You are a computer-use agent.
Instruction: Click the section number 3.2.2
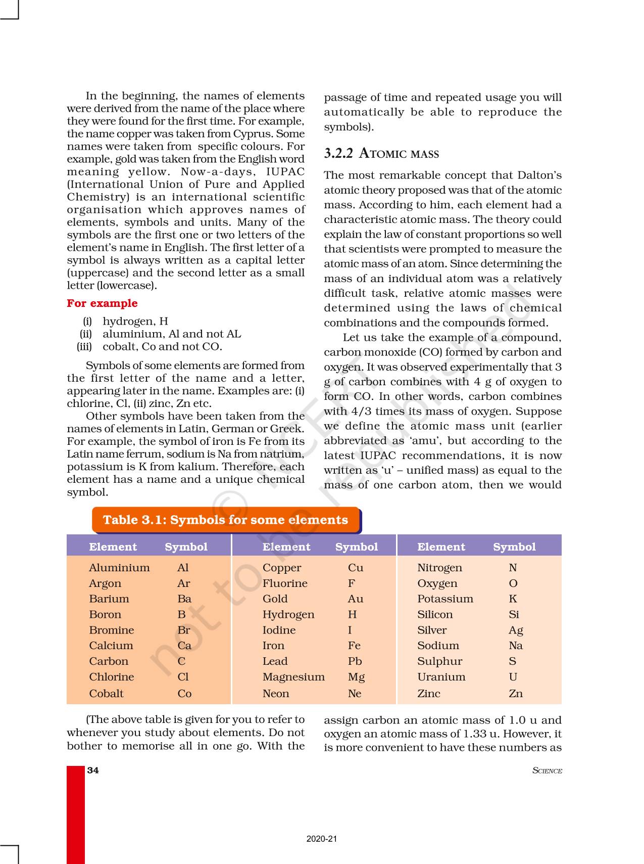pos(338,154)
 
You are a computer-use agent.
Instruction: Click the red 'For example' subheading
pos(102,303)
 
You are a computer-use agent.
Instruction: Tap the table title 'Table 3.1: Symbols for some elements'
pos(225,520)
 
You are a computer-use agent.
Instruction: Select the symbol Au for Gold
pos(355,599)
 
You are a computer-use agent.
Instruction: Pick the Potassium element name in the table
pos(445,599)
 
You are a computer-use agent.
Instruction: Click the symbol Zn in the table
pos(515,694)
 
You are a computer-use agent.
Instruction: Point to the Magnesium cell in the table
pos(293,677)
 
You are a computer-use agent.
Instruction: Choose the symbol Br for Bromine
pos(184,630)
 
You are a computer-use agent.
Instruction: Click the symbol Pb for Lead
pos(355,661)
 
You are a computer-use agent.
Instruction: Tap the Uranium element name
pos(441,677)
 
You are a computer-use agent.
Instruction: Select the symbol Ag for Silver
pos(516,630)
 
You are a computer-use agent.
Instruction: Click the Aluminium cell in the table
pos(119,568)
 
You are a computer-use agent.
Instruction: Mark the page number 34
pos(93,770)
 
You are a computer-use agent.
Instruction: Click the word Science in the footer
pos(547,771)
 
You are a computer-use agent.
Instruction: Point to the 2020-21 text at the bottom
pos(322,839)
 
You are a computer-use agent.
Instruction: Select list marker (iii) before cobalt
pos(84,347)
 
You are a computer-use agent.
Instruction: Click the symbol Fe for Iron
pos(354,646)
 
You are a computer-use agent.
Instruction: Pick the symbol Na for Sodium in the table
pos(516,646)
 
